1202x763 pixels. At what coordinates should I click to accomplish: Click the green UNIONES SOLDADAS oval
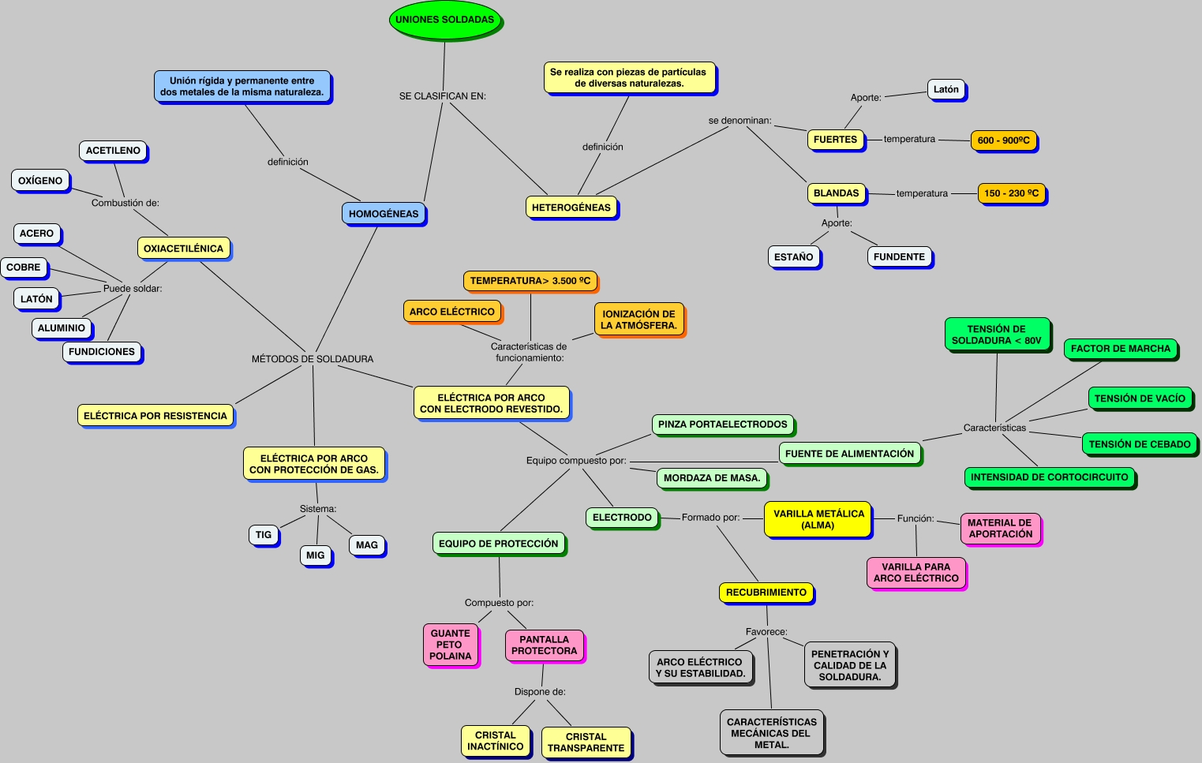444,20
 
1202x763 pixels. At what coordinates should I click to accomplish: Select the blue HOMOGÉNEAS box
384,214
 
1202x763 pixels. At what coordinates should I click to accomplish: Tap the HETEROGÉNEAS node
571,208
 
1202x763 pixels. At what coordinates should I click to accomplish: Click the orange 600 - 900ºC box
1003,140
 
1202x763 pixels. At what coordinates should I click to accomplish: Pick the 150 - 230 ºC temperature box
1011,193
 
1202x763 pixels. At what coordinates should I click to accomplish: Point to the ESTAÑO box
793,257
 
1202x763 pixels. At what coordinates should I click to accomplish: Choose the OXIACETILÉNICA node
183,249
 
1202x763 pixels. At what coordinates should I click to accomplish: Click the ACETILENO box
113,151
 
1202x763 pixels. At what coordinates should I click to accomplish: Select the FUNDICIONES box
102,352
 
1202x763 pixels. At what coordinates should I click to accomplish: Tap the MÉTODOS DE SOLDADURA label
313,359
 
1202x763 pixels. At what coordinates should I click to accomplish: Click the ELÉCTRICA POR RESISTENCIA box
155,416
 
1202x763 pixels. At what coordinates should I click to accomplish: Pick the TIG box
264,535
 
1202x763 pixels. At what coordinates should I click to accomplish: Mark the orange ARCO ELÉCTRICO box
451,312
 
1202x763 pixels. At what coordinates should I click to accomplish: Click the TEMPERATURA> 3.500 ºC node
530,281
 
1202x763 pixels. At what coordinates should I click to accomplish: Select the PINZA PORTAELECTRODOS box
722,425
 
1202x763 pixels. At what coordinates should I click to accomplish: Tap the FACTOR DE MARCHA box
1120,349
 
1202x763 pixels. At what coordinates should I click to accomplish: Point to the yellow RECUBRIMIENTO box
766,593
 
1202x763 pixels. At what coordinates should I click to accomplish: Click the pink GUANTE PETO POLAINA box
451,645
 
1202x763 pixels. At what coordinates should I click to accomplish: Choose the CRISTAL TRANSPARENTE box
586,742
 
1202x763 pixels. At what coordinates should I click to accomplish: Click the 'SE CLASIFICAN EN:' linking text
443,96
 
